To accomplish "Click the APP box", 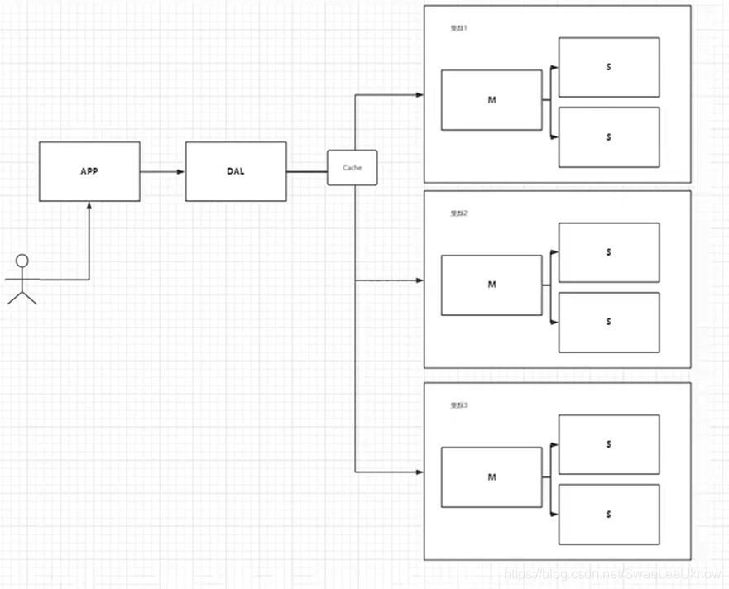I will (89, 171).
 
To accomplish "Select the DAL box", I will (236, 171).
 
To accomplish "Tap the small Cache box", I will (352, 168).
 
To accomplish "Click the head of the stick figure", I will (22, 261).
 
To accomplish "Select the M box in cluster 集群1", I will (492, 100).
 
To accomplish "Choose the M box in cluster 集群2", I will (492, 285).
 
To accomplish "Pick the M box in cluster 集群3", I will (492, 477).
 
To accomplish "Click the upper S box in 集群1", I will (609, 67).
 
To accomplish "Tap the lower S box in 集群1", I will (609, 136).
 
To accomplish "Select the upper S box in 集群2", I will (609, 252).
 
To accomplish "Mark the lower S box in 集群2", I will (609, 322).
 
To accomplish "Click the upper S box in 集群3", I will (609, 444).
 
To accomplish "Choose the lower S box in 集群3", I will (609, 514).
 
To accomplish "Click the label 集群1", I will (458, 28).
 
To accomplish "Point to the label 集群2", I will (458, 213).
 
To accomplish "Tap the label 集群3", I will (458, 405).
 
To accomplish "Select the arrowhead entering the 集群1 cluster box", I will (419, 94).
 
